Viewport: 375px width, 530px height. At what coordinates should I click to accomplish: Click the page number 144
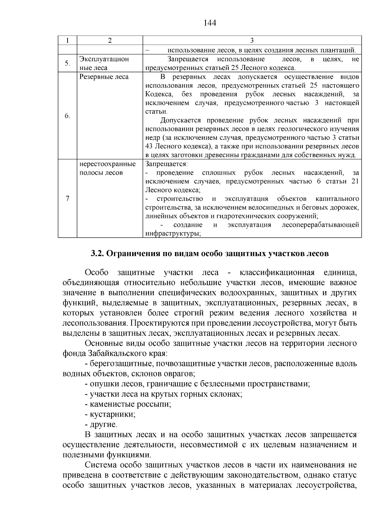[x=210, y=23]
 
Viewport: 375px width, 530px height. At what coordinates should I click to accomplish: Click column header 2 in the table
[x=110, y=41]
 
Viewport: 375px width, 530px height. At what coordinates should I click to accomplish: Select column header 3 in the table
[x=252, y=41]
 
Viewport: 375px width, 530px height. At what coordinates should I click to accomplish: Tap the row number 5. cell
[x=67, y=63]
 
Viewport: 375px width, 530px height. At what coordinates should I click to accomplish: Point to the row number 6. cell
[x=67, y=116]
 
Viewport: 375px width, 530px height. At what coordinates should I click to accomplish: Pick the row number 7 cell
[x=67, y=199]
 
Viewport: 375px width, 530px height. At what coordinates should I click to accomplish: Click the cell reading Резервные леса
[x=104, y=77]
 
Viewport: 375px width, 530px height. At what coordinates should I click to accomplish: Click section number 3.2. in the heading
[x=97, y=254]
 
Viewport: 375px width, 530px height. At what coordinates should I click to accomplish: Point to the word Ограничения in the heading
[x=133, y=254]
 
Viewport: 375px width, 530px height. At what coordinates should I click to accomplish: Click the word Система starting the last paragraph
[x=102, y=465]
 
